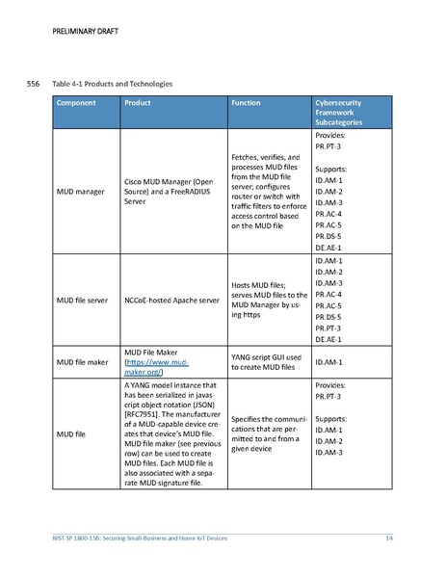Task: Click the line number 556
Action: pyautogui.click(x=32, y=85)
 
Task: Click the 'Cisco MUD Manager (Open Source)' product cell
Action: pyautogui.click(x=168, y=192)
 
